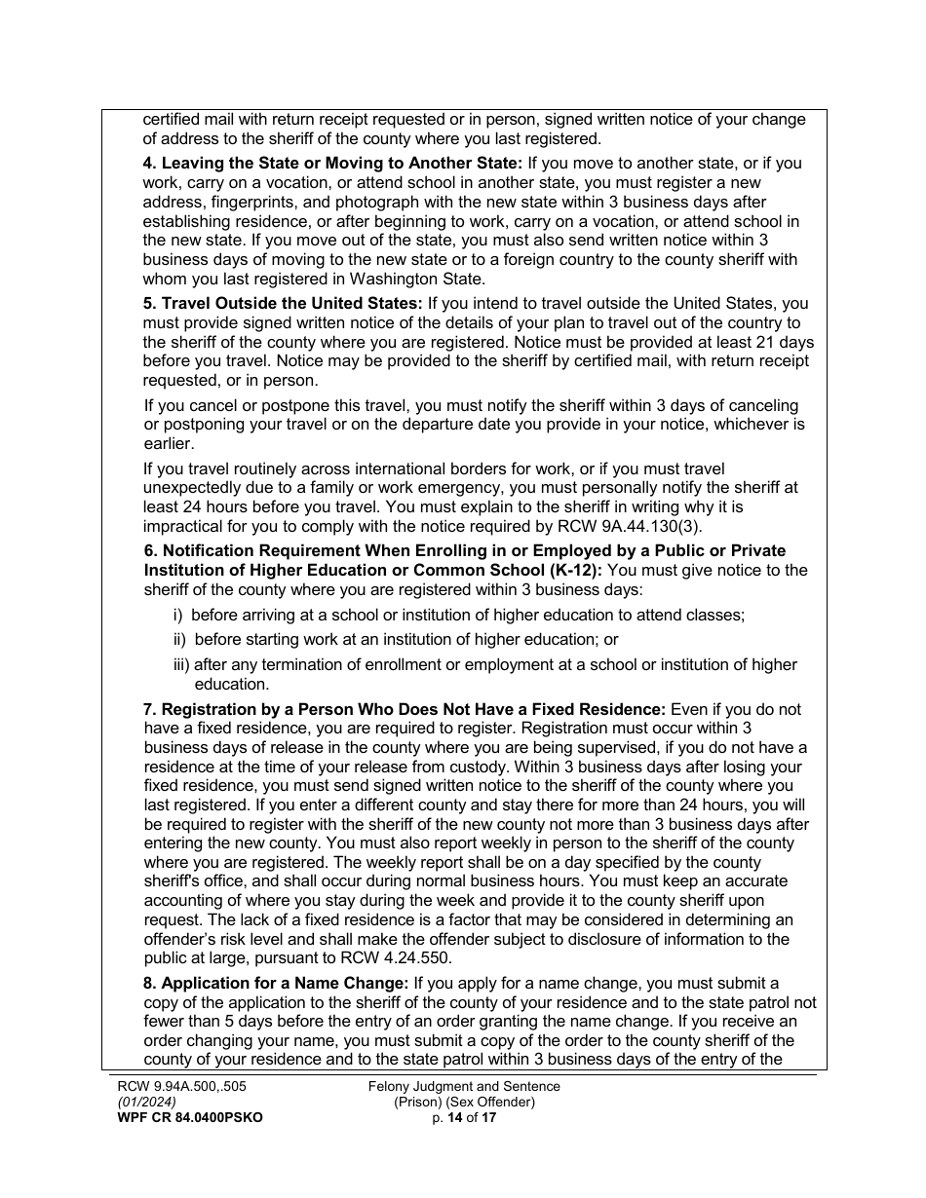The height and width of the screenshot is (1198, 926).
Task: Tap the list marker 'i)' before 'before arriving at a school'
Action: pos(178,616)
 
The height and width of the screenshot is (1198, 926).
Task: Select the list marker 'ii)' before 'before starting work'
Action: pos(180,640)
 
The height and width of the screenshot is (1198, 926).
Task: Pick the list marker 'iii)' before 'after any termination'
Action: pos(181,664)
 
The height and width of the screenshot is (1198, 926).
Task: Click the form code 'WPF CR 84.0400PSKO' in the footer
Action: pos(182,1118)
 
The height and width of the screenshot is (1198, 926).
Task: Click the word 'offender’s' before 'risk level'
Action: pos(182,939)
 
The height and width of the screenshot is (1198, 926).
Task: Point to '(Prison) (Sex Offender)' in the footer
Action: pos(464,1103)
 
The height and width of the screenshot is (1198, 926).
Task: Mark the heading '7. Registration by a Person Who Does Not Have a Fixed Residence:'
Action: pos(405,709)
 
